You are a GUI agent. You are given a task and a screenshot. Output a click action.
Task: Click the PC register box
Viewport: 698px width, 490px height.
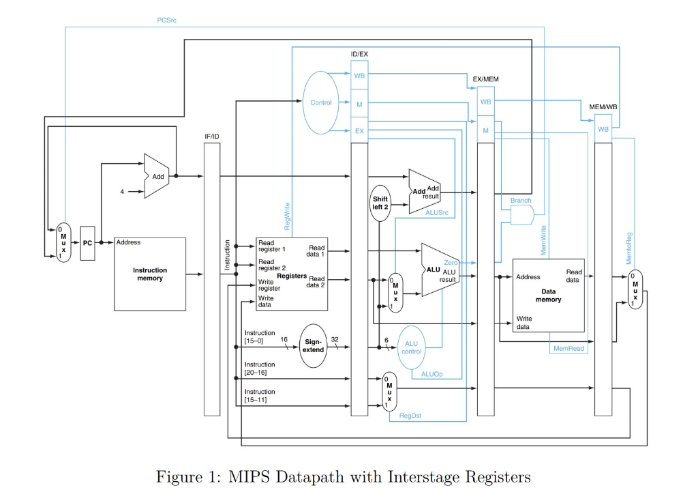[x=87, y=243]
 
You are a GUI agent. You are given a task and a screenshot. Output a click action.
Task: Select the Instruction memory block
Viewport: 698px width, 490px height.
[x=149, y=274]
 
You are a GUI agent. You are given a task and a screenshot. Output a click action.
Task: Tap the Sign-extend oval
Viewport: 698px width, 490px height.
[x=314, y=345]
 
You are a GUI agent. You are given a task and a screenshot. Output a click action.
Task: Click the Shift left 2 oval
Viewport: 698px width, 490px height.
[x=380, y=203]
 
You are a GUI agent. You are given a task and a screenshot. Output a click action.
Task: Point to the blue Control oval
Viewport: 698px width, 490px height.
[x=321, y=102]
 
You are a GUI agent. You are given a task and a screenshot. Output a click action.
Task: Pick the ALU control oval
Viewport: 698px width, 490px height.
[x=411, y=347]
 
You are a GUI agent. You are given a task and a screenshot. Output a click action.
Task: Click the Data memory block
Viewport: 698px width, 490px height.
[x=548, y=295]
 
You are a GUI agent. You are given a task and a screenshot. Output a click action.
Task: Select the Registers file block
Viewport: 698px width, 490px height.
[x=291, y=274]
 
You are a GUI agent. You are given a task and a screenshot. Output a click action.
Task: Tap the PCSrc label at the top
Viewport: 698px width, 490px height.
[x=166, y=20]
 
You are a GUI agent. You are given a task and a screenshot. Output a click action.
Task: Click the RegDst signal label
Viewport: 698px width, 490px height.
[x=410, y=415]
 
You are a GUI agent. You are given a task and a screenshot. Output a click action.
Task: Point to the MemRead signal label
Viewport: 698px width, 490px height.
[x=568, y=348]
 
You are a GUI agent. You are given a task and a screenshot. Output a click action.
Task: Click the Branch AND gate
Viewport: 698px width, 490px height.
[x=522, y=216]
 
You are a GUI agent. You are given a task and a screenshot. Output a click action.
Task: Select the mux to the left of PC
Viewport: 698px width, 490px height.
[x=62, y=243]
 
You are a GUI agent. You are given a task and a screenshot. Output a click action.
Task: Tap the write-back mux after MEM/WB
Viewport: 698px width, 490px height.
[x=635, y=289]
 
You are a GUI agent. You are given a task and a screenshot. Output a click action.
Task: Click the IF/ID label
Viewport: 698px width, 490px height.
[x=212, y=136]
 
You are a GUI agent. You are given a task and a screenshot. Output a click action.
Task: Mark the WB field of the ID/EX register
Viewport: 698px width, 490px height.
[x=359, y=75]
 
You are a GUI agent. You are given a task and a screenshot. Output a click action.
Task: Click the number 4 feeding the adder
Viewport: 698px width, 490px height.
[x=122, y=192]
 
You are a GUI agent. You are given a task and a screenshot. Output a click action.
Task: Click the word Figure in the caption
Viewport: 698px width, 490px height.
[x=180, y=476]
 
